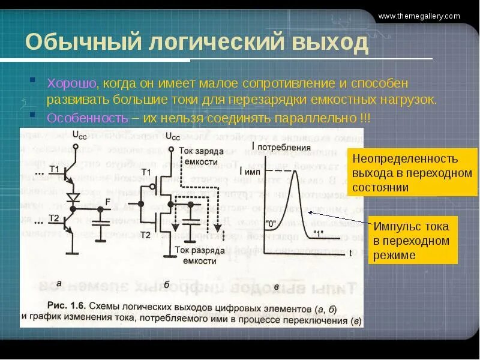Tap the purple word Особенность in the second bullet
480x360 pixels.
click(87, 117)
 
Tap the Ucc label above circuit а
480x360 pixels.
click(79, 135)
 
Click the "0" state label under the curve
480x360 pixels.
click(271, 224)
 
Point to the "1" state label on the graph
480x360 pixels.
click(318, 233)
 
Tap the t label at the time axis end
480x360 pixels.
click(350, 253)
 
